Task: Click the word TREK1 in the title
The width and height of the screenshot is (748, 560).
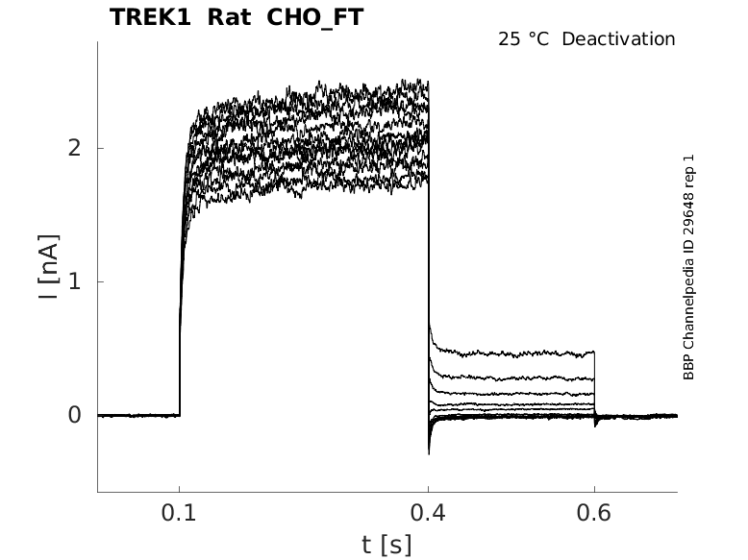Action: [x=149, y=17]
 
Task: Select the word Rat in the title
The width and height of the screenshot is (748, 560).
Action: [x=228, y=17]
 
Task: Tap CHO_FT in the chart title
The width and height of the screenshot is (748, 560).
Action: [x=310, y=17]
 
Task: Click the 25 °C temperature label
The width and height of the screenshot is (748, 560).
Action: [x=525, y=39]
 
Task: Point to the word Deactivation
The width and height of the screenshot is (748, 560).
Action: [x=618, y=39]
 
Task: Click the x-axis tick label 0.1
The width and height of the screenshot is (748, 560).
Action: [x=180, y=513]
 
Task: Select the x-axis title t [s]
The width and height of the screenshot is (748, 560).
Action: [x=386, y=546]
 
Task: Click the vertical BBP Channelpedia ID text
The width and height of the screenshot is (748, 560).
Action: [x=688, y=267]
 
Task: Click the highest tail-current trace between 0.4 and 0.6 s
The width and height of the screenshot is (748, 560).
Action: [x=510, y=354]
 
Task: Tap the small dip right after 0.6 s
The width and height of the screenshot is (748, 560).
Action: [x=596, y=424]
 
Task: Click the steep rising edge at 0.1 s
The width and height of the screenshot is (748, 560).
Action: [x=181, y=307]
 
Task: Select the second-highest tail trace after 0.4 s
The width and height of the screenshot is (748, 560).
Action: [x=510, y=379]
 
